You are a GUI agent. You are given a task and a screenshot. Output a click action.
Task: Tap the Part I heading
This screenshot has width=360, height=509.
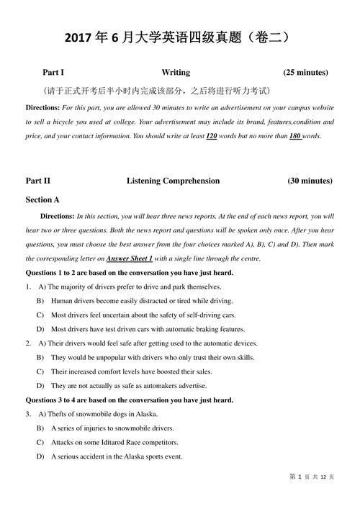coord(53,73)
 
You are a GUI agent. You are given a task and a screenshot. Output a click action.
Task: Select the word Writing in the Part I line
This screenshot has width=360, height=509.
coord(176,73)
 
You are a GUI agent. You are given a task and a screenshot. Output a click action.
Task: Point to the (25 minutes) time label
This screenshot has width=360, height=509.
coord(305,73)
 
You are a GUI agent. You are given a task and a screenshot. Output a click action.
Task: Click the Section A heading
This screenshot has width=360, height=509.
coord(42,199)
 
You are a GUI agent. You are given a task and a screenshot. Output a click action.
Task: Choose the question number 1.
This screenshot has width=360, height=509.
coord(27,287)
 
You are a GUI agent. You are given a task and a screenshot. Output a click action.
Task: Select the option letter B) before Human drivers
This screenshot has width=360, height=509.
coord(40,300)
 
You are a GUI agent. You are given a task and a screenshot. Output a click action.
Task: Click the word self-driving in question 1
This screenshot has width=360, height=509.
coord(209,315)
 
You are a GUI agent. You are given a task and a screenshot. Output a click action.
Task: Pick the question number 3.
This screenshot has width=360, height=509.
coord(27,414)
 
